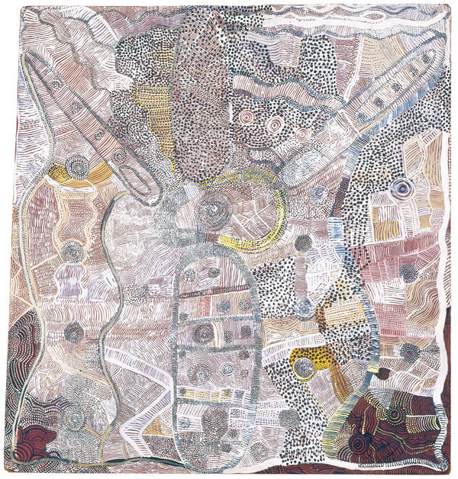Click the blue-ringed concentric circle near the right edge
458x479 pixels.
point(400,188)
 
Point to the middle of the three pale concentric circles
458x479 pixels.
point(274,124)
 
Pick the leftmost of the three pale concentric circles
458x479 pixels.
point(247,117)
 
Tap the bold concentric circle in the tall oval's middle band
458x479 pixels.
point(203,333)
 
